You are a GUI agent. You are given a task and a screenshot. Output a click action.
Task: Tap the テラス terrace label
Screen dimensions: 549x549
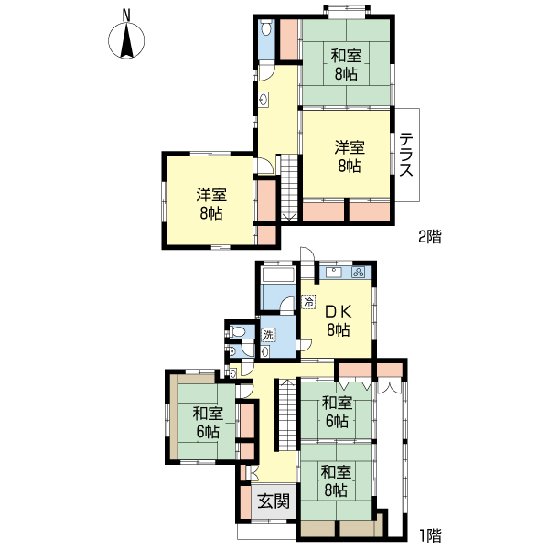405,156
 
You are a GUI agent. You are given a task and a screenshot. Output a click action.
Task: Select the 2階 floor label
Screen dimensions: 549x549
429,237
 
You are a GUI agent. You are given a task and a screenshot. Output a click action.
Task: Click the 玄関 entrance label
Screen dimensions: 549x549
273,501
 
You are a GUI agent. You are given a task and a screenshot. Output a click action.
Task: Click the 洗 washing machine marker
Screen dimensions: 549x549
269,335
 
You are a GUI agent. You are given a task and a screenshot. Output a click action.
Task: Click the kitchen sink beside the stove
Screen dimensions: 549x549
332,272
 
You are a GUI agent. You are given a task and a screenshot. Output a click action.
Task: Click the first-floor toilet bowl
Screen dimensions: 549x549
239,332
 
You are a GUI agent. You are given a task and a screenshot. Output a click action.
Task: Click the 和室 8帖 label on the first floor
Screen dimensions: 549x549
336,481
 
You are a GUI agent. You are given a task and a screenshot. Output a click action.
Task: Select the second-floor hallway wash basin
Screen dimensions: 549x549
264,100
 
